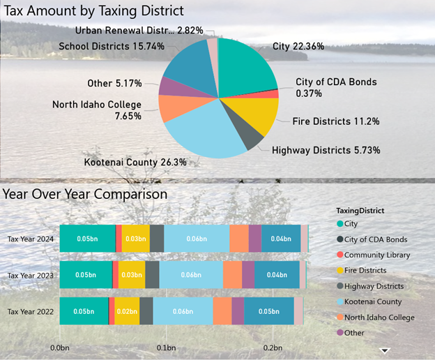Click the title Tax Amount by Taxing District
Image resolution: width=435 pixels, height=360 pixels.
coord(94,10)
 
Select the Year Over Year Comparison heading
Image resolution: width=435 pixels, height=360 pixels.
coord(85,193)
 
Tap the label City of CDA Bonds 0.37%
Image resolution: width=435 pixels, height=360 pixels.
coord(335,87)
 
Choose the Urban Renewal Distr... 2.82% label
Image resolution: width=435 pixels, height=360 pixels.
coord(139,30)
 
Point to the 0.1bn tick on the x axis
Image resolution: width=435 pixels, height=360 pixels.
coord(166,347)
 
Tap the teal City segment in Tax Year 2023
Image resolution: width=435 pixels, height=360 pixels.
coord(86,274)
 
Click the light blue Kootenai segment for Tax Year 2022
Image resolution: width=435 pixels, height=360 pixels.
coord(183,310)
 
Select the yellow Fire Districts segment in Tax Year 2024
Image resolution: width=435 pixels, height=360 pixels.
coord(136,238)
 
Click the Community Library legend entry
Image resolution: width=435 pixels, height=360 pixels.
coord(376,255)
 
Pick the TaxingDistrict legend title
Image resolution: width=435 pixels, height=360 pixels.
coord(360,210)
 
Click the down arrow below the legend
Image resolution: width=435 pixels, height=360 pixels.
coord(383,350)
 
